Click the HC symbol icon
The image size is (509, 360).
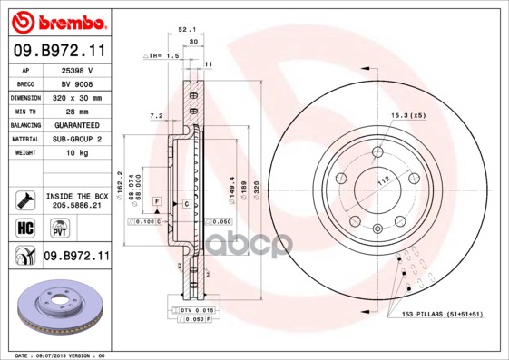24,226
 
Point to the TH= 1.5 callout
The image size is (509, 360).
161,57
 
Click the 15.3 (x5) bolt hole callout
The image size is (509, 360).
407,115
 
